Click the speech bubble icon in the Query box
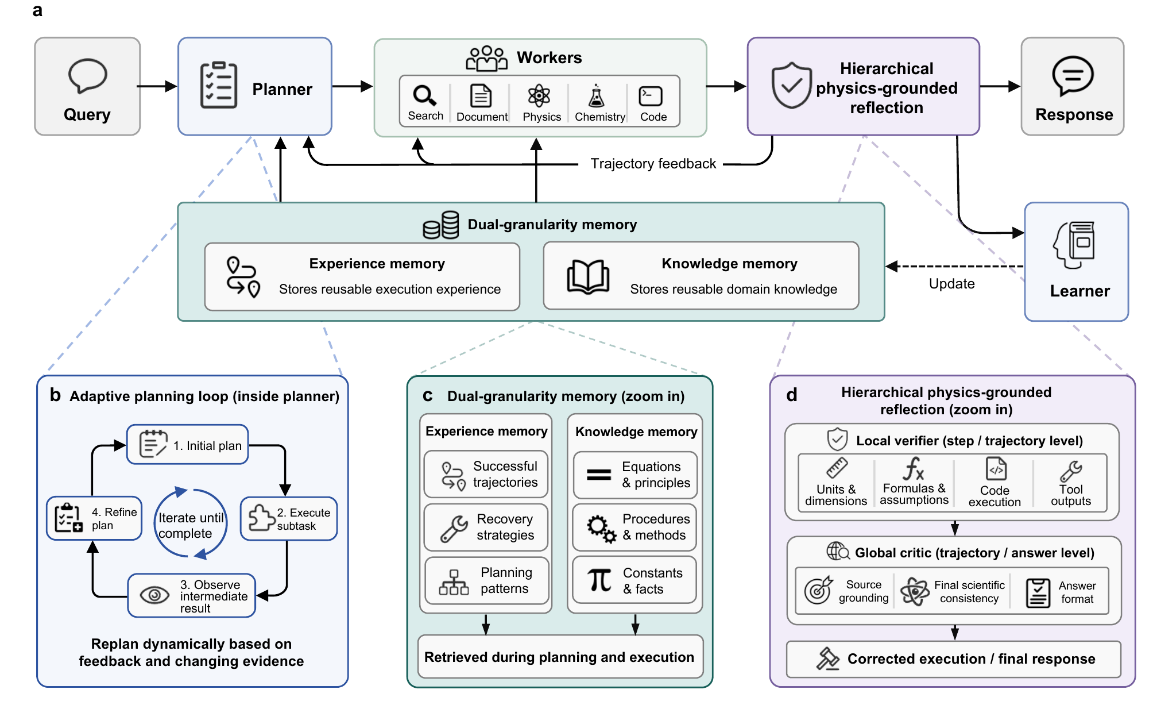(87, 75)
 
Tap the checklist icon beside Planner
(218, 86)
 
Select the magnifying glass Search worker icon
(424, 95)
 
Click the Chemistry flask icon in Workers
(597, 96)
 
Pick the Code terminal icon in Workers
(651, 96)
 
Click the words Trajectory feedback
(653, 164)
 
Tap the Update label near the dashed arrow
(952, 284)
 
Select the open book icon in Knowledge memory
(588, 277)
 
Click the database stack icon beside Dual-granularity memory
(441, 225)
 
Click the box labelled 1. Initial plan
(188, 445)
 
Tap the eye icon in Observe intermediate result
(154, 595)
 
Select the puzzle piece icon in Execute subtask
(261, 518)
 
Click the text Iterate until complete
(191, 526)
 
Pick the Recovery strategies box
(486, 527)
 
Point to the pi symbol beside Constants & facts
(599, 580)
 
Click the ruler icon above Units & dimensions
(837, 468)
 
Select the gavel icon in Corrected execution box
(827, 659)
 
